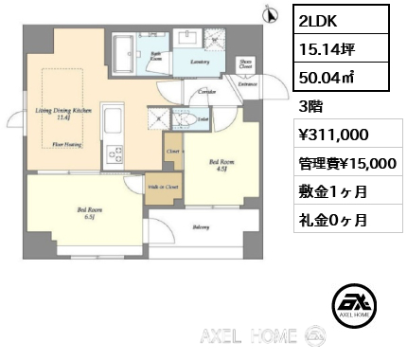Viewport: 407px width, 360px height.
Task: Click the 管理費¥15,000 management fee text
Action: coord(346,163)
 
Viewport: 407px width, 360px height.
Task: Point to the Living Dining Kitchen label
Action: coord(63,113)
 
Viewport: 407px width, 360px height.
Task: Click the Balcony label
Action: coord(201,226)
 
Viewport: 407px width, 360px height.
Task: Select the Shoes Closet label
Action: coord(245,64)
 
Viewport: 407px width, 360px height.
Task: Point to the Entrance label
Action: coord(248,85)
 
